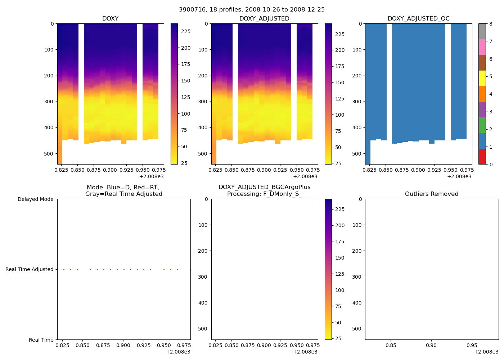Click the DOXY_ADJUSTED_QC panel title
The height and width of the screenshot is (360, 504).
[x=418, y=19]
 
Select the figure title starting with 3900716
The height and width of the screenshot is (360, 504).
[x=252, y=10]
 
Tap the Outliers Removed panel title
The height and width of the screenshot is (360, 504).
[x=432, y=194]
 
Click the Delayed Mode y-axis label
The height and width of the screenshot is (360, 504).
[x=35, y=199]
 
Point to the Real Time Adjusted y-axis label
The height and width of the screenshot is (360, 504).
[x=30, y=269]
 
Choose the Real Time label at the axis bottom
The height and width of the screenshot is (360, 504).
[x=41, y=340]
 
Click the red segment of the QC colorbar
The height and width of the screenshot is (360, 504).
[x=482, y=157]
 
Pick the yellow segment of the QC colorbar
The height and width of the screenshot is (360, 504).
[x=482, y=78]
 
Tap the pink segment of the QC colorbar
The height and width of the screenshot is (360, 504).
[x=482, y=47]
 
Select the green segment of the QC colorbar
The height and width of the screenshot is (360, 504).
[x=482, y=125]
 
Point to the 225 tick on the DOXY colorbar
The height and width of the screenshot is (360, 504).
[x=186, y=31]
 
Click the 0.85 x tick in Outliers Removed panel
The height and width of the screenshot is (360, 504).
[x=391, y=346]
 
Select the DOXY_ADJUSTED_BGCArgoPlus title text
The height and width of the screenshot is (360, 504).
[x=264, y=187]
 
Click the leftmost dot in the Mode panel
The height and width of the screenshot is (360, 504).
[x=64, y=269]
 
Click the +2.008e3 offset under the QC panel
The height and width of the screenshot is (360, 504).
[x=459, y=176]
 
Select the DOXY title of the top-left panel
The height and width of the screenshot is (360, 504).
[x=110, y=19]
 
